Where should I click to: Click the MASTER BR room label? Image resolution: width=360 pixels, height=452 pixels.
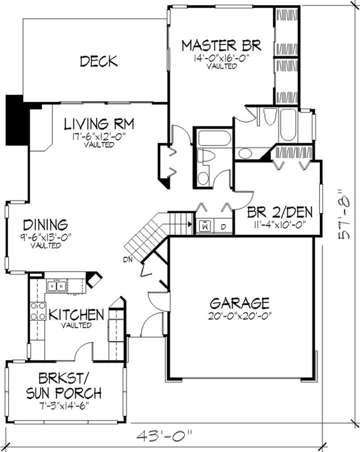[221, 45]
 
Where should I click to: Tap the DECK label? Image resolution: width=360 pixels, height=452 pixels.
[99, 61]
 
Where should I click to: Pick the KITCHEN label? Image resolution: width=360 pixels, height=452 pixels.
[76, 314]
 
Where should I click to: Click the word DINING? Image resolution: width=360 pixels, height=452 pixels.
[45, 224]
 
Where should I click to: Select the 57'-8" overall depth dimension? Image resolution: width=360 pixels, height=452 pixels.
[344, 214]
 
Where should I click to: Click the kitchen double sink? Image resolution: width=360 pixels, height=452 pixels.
[57, 285]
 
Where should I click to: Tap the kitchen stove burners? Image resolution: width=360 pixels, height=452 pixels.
[36, 311]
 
